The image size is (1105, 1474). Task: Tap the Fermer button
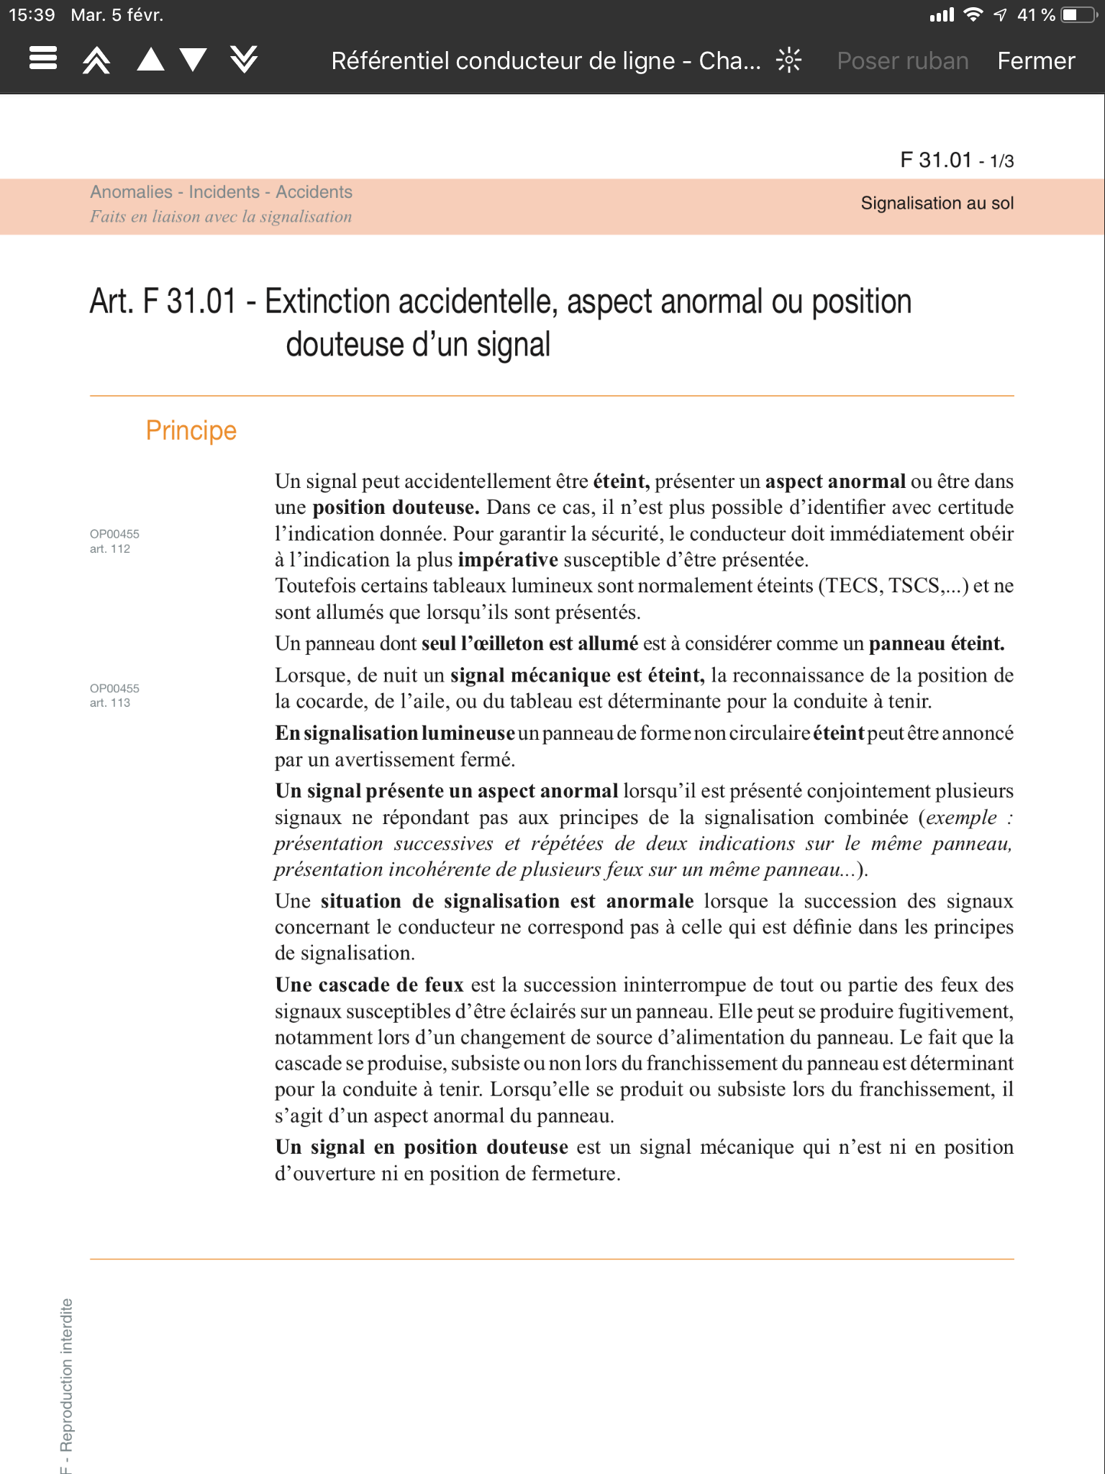1035,61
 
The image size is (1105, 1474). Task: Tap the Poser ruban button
902,61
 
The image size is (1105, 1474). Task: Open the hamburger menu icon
43,58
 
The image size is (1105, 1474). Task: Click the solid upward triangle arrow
150,59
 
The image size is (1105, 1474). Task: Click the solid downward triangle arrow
194,59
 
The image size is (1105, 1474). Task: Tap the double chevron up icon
96,60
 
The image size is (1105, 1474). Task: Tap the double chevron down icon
244,59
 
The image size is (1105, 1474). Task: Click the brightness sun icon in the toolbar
788,60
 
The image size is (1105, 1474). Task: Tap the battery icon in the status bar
1078,15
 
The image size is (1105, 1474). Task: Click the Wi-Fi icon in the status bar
973,14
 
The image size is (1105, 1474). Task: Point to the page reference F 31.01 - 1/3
956,160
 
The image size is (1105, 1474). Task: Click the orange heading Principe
191,430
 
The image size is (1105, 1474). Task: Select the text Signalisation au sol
937,203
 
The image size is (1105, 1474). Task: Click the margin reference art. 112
110,548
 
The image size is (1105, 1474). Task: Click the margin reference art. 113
110,702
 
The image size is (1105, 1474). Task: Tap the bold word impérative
507,560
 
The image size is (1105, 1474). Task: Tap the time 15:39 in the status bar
32,15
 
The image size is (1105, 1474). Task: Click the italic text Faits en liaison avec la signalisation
221,217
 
